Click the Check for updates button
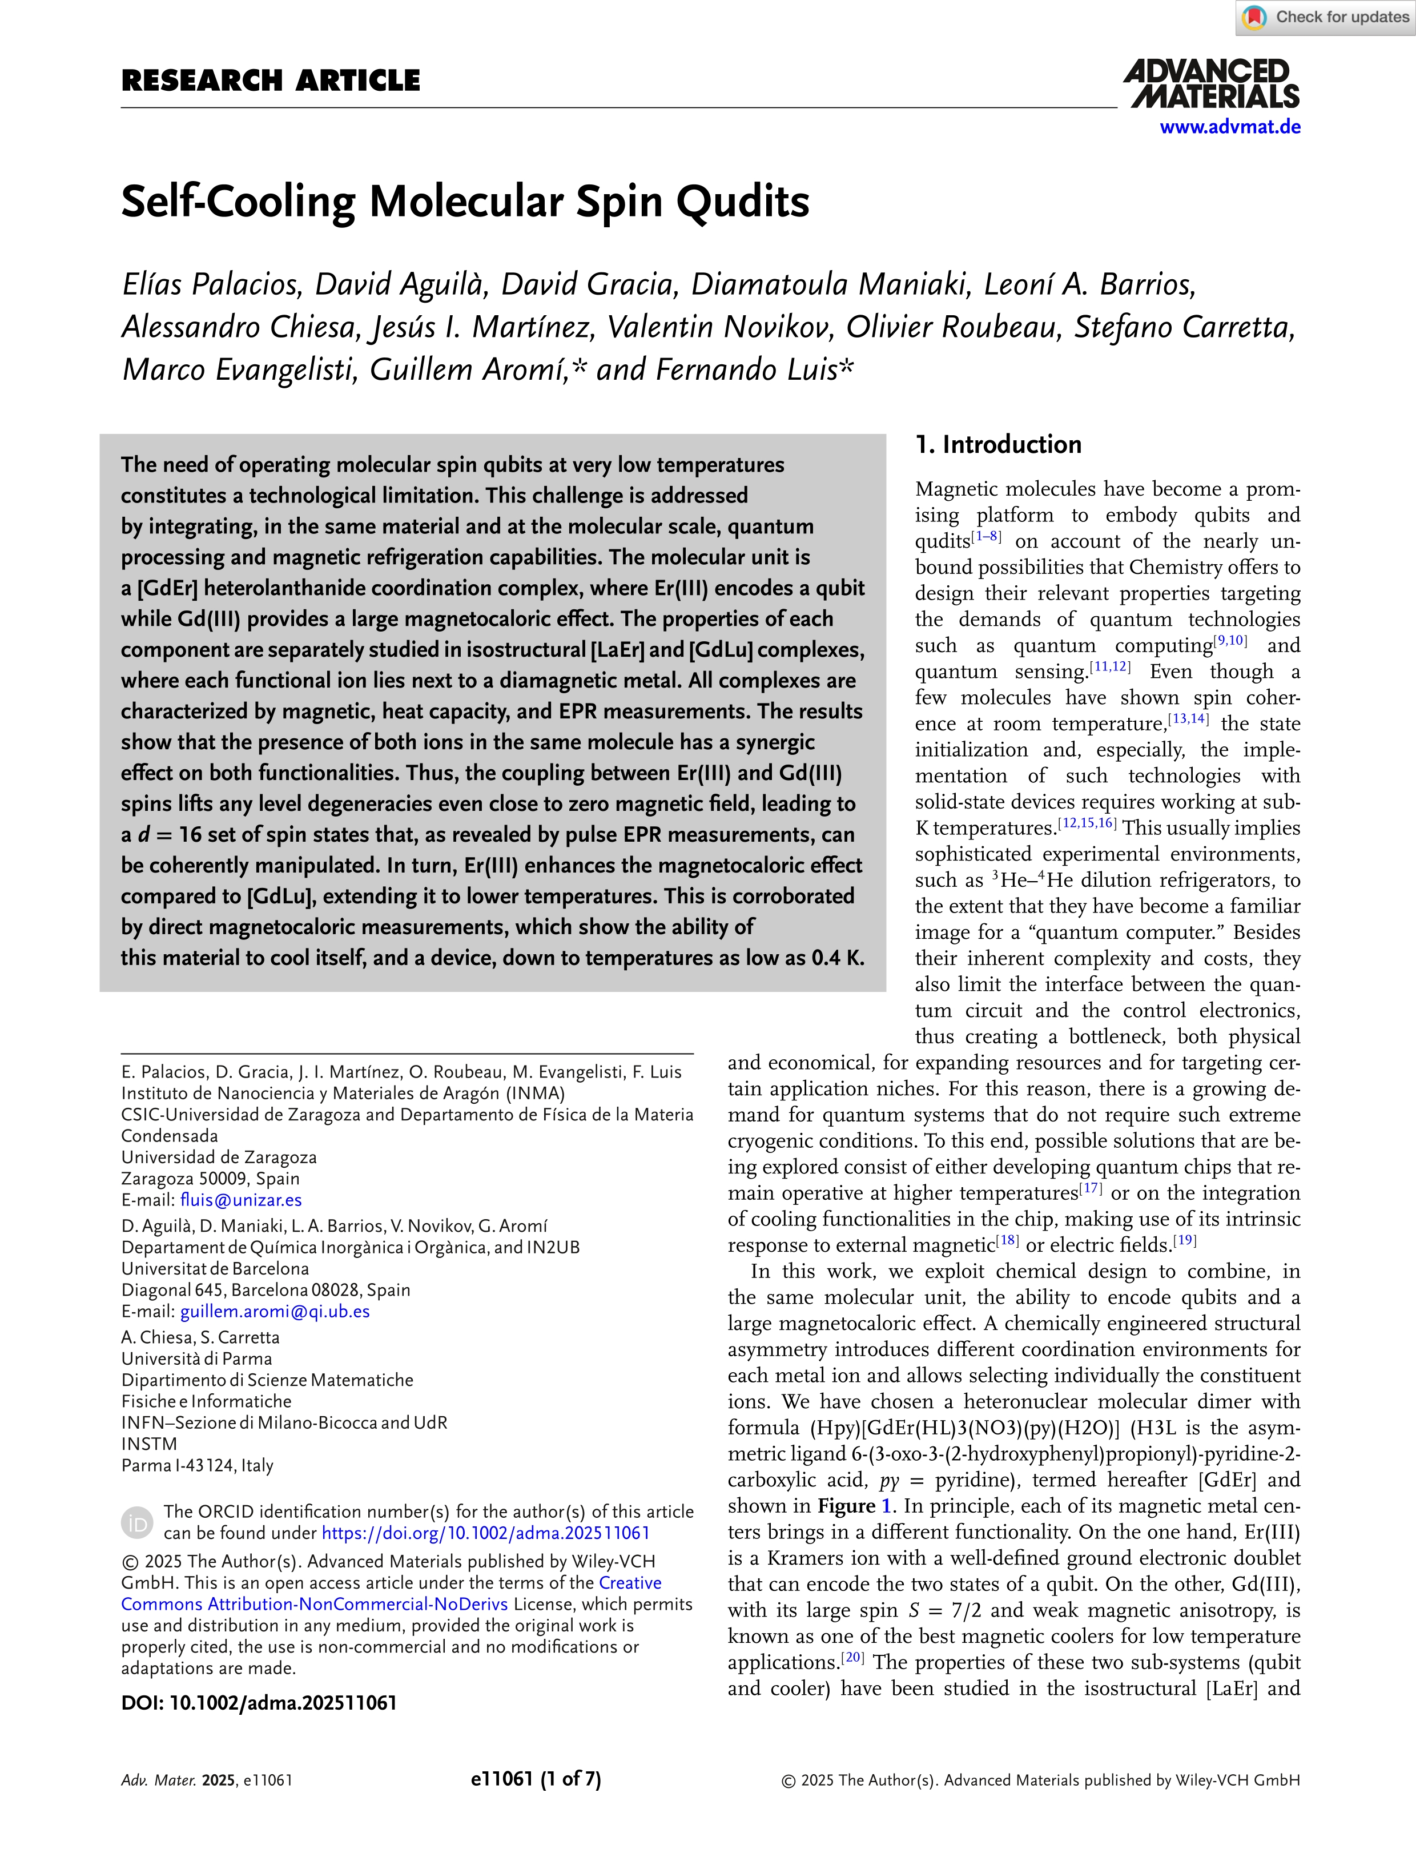pyautogui.click(x=1326, y=18)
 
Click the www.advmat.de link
pyautogui.click(x=1230, y=127)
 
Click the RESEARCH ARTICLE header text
pyautogui.click(x=271, y=81)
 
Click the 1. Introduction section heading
pyautogui.click(x=998, y=444)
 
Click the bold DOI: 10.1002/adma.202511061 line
pyautogui.click(x=259, y=1703)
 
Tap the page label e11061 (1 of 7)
pyautogui.click(x=536, y=1779)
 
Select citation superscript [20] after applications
pyautogui.click(x=854, y=1658)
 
